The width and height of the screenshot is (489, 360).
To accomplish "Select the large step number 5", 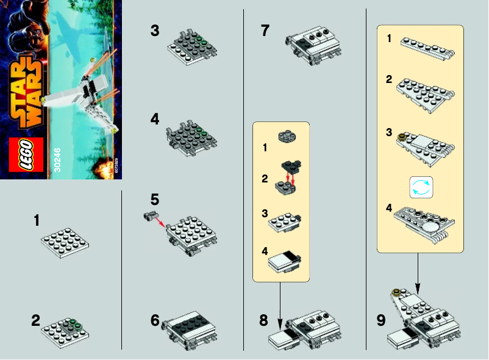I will pyautogui.click(x=155, y=200).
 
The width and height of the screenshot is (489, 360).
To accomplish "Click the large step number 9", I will pyautogui.click(x=381, y=320).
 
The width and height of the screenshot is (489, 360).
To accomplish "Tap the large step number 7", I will pyautogui.click(x=265, y=31).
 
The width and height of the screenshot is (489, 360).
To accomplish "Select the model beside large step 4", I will pyautogui.click(x=193, y=134).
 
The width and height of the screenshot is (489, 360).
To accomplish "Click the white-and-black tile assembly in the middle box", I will pyautogui.click(x=286, y=262).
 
